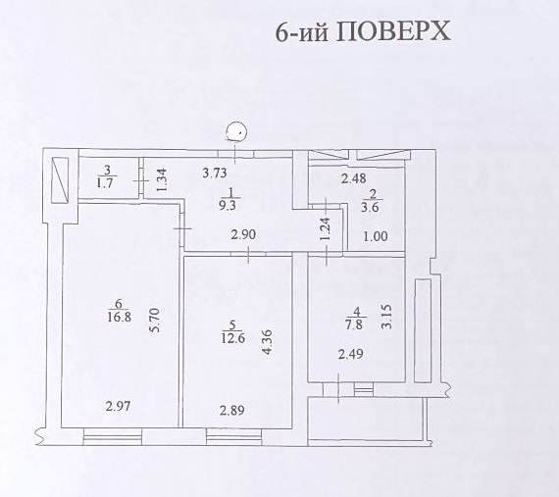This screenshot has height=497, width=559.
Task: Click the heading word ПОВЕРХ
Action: click(393, 31)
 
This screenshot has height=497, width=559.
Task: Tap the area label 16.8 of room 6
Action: click(120, 317)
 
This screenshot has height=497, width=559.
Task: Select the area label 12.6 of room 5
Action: click(233, 338)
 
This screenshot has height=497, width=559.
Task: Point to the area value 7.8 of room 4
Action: click(354, 325)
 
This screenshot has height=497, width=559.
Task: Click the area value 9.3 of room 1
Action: click(228, 206)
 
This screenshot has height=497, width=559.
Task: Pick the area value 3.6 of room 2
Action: click(370, 208)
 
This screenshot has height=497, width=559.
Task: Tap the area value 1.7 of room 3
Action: click(105, 183)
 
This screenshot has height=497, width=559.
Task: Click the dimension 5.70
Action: click(157, 321)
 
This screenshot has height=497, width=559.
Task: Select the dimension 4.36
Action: click(267, 342)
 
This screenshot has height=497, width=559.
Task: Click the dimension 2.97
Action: click(118, 406)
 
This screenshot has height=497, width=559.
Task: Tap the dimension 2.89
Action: click(232, 411)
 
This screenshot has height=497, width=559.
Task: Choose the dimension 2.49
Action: click(351, 354)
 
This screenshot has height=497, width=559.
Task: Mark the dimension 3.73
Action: click(215, 174)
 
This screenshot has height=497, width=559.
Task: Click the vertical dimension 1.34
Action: click(162, 180)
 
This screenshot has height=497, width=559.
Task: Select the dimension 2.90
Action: click(243, 235)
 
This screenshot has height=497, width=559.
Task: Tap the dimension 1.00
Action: click(376, 236)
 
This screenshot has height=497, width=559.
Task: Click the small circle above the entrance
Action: click(236, 131)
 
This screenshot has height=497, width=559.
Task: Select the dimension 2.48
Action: click(354, 178)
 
